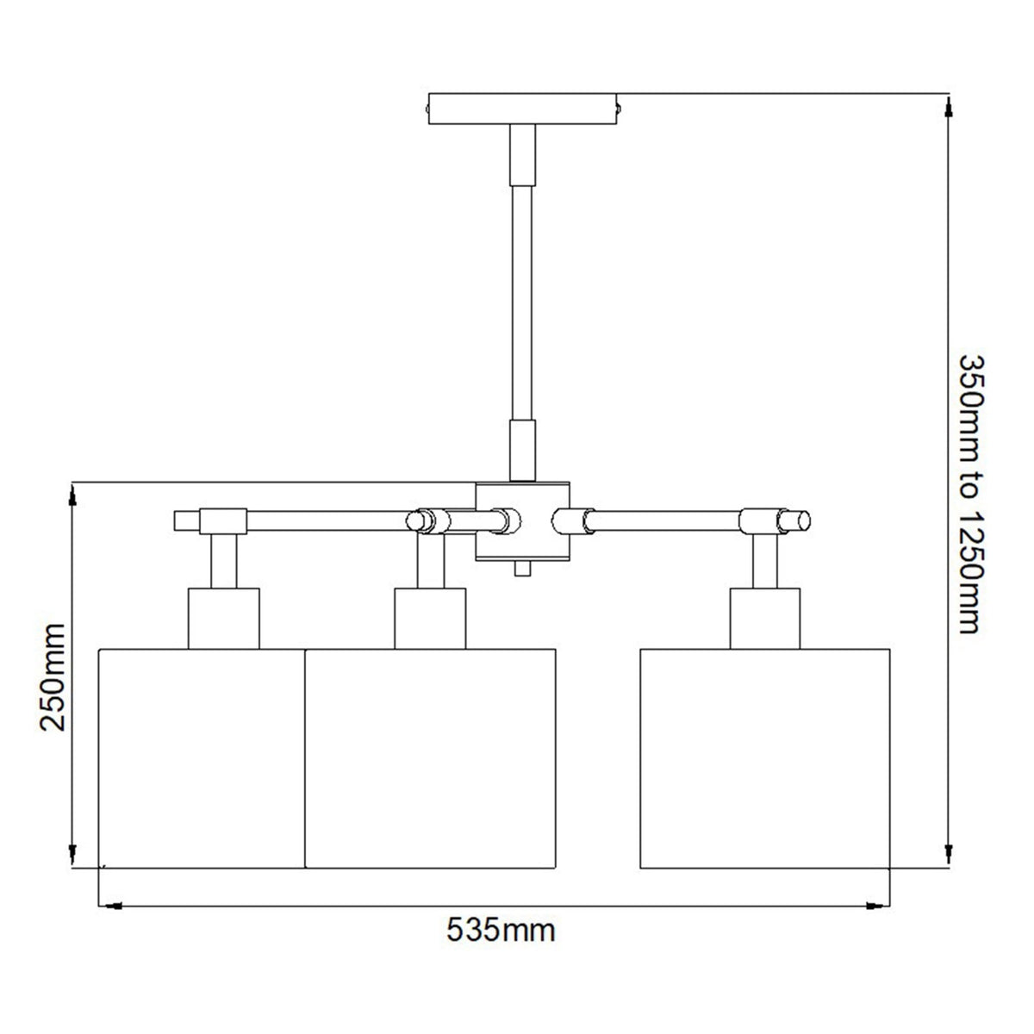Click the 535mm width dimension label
point(500,931)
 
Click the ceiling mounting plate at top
point(524,109)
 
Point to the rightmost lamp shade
point(765,757)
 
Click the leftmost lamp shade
point(202,757)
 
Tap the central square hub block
point(524,520)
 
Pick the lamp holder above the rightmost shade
point(765,618)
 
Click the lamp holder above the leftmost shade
point(223,618)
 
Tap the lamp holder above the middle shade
point(430,618)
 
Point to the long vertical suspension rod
point(523,302)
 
